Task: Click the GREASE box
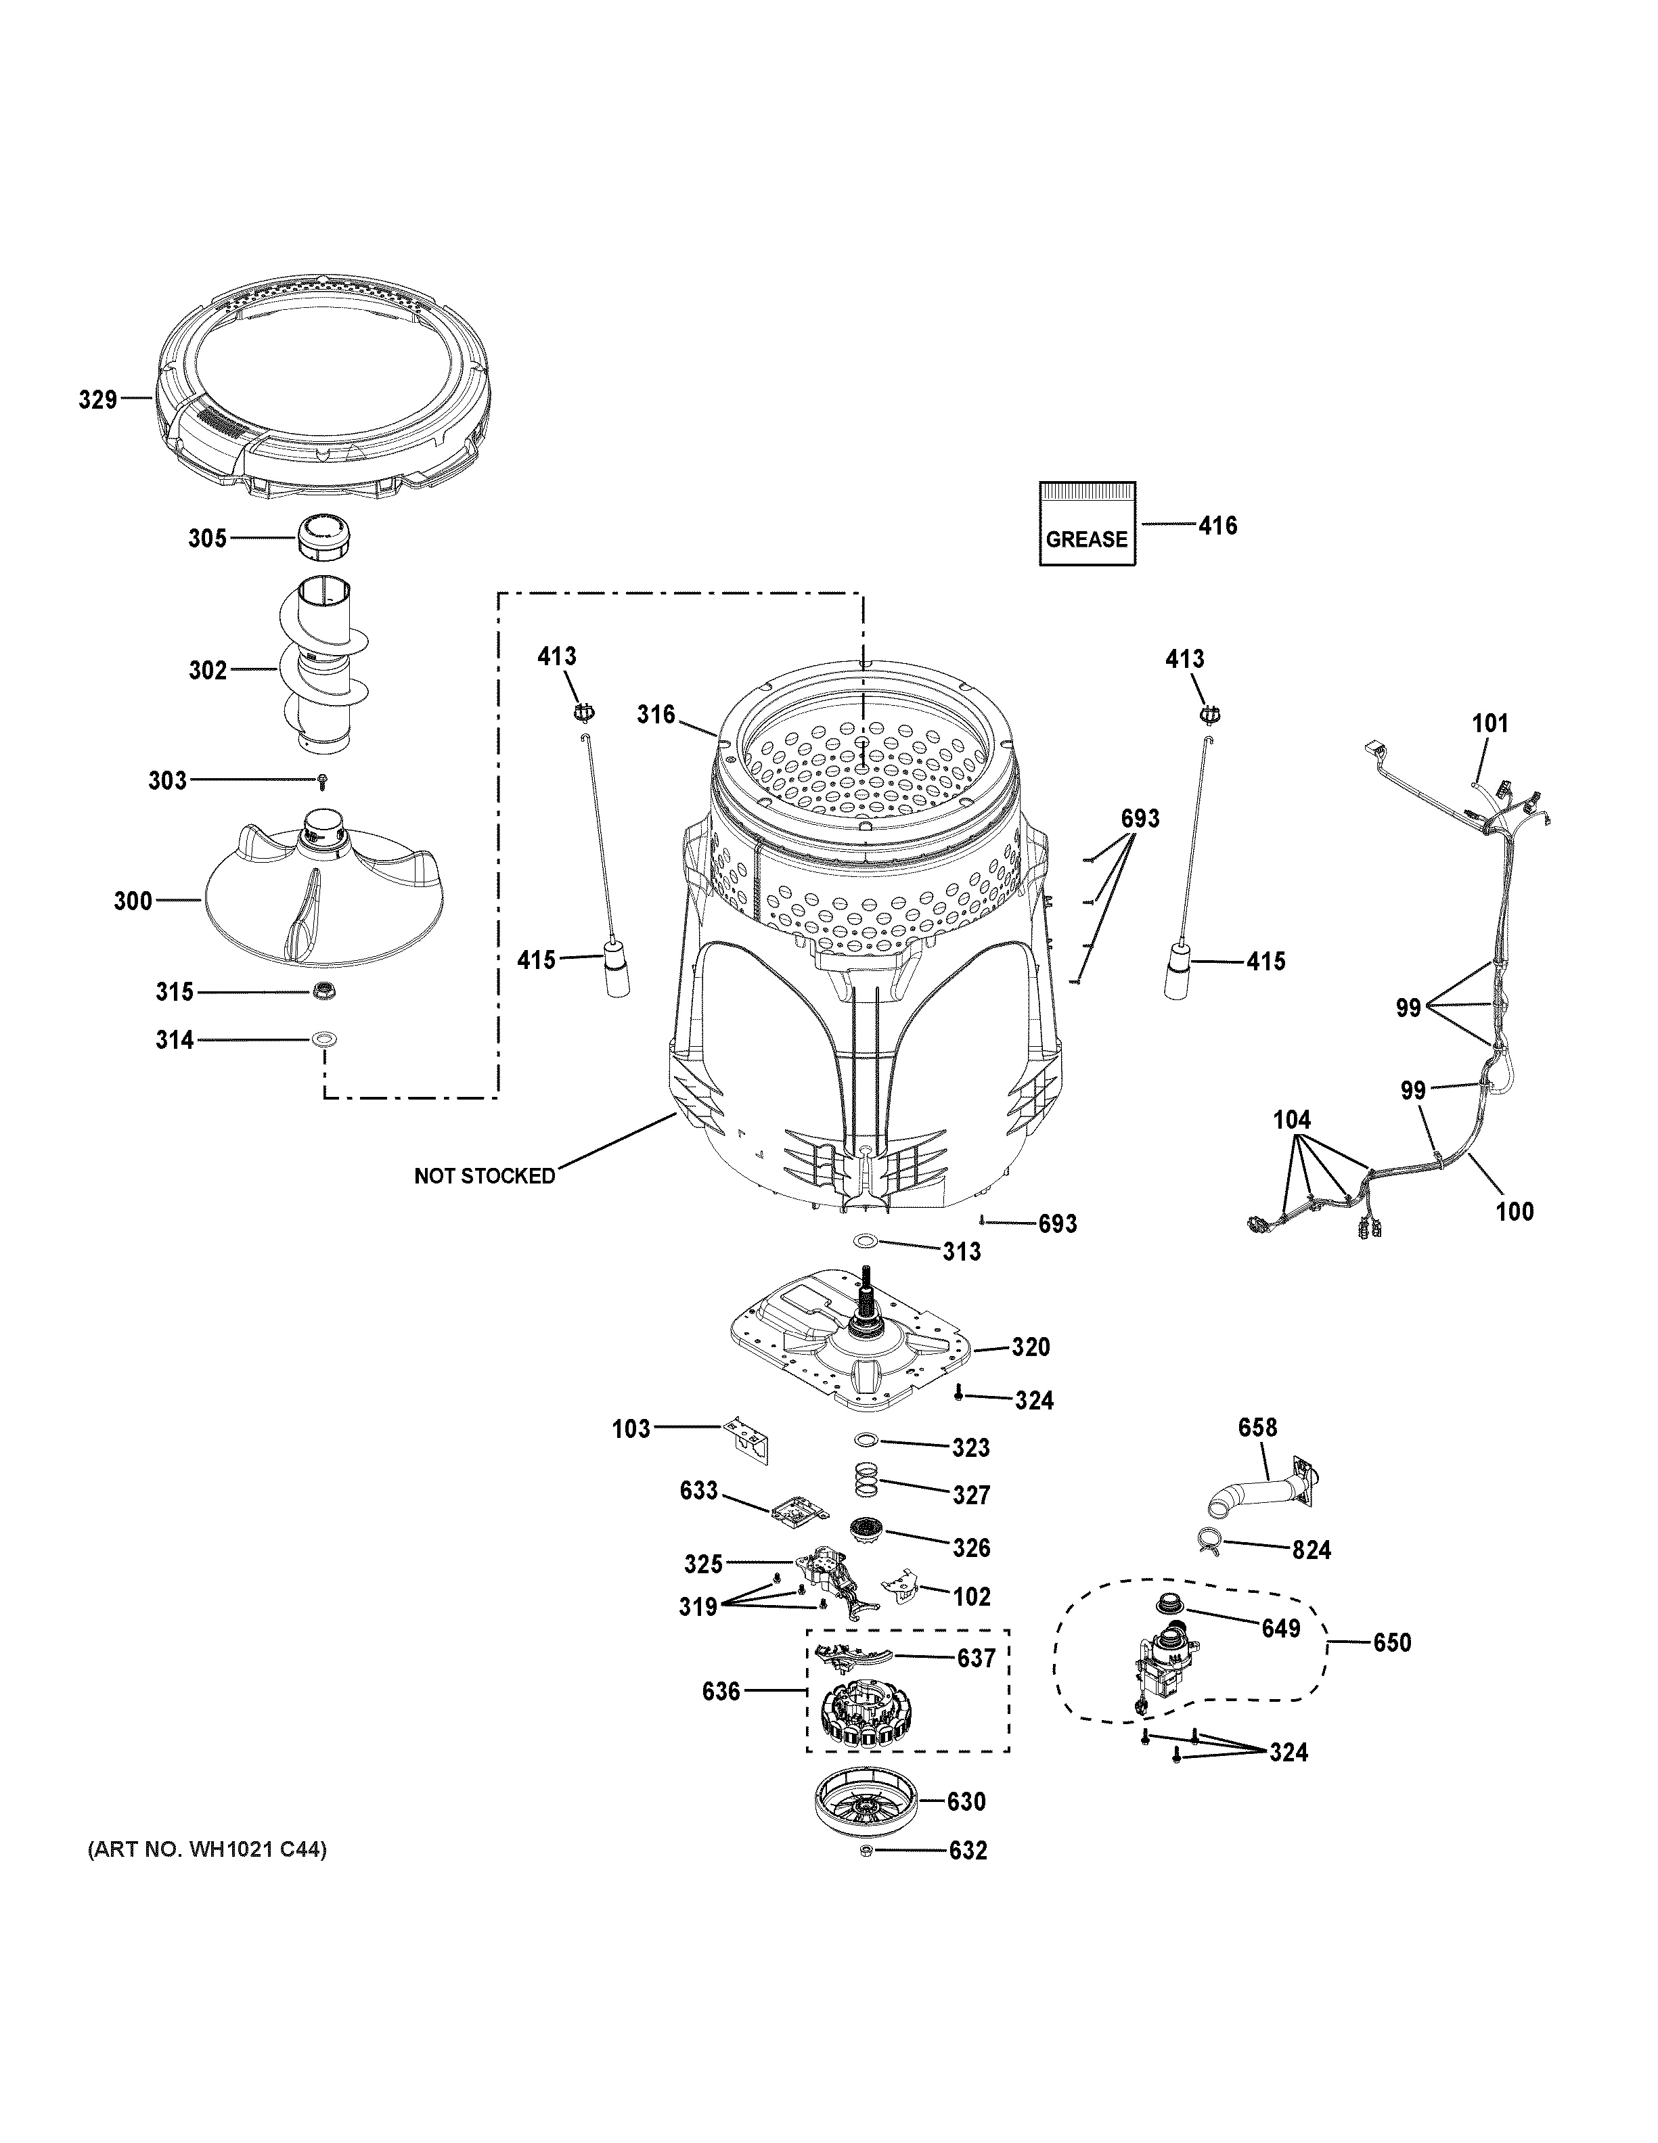tap(1086, 524)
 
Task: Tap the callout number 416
tap(1217, 526)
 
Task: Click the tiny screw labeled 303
tap(322, 780)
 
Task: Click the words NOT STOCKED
tap(484, 1175)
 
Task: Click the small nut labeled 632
tap(866, 1851)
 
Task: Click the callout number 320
tap(1030, 1347)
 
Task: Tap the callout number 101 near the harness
tap(1489, 724)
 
